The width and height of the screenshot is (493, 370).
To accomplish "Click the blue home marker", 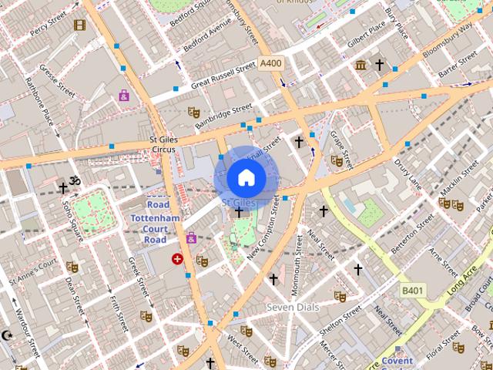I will (246, 177).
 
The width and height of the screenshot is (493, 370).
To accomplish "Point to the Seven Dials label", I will (293, 307).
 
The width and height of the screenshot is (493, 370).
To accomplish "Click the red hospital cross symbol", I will (178, 260).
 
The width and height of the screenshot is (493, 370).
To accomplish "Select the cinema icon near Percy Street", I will (79, 25).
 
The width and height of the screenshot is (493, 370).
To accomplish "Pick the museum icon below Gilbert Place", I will (361, 66).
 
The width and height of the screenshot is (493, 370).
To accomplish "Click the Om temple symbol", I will (75, 181).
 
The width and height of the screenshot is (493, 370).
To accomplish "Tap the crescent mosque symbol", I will (8, 336).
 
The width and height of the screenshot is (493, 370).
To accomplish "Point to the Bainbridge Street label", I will (223, 116).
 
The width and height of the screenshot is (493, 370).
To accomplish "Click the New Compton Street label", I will (264, 241).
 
